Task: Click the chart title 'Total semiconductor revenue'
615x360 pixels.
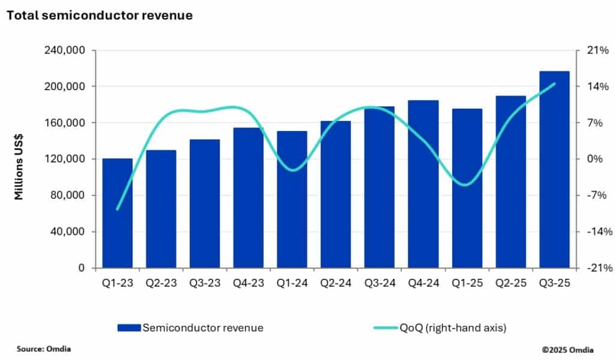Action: pos(99,16)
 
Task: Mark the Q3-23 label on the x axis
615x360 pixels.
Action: pos(205,282)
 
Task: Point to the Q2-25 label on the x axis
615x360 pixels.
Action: pos(510,282)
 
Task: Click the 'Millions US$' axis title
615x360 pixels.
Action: pos(19,159)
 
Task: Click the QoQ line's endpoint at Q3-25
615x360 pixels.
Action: pos(554,84)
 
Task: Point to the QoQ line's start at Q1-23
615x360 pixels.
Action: pos(117,210)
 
